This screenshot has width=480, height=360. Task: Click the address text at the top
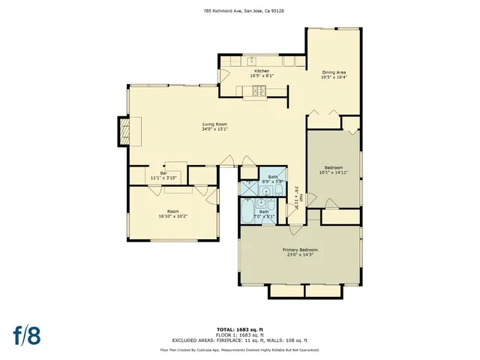[239, 11]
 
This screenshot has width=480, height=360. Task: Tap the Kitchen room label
[261, 70]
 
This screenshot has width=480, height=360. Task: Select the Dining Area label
[333, 72]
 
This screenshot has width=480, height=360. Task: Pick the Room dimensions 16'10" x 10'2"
[172, 216]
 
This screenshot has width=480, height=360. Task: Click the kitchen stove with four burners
[259, 91]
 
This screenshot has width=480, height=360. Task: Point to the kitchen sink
[253, 61]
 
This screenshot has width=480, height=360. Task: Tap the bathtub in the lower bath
[247, 214]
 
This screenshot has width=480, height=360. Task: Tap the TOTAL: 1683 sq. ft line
[239, 329]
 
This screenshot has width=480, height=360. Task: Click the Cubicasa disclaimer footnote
[239, 349]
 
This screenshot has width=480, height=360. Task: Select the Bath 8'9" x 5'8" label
[271, 179]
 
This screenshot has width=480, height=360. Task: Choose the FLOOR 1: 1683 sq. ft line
[239, 334]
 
